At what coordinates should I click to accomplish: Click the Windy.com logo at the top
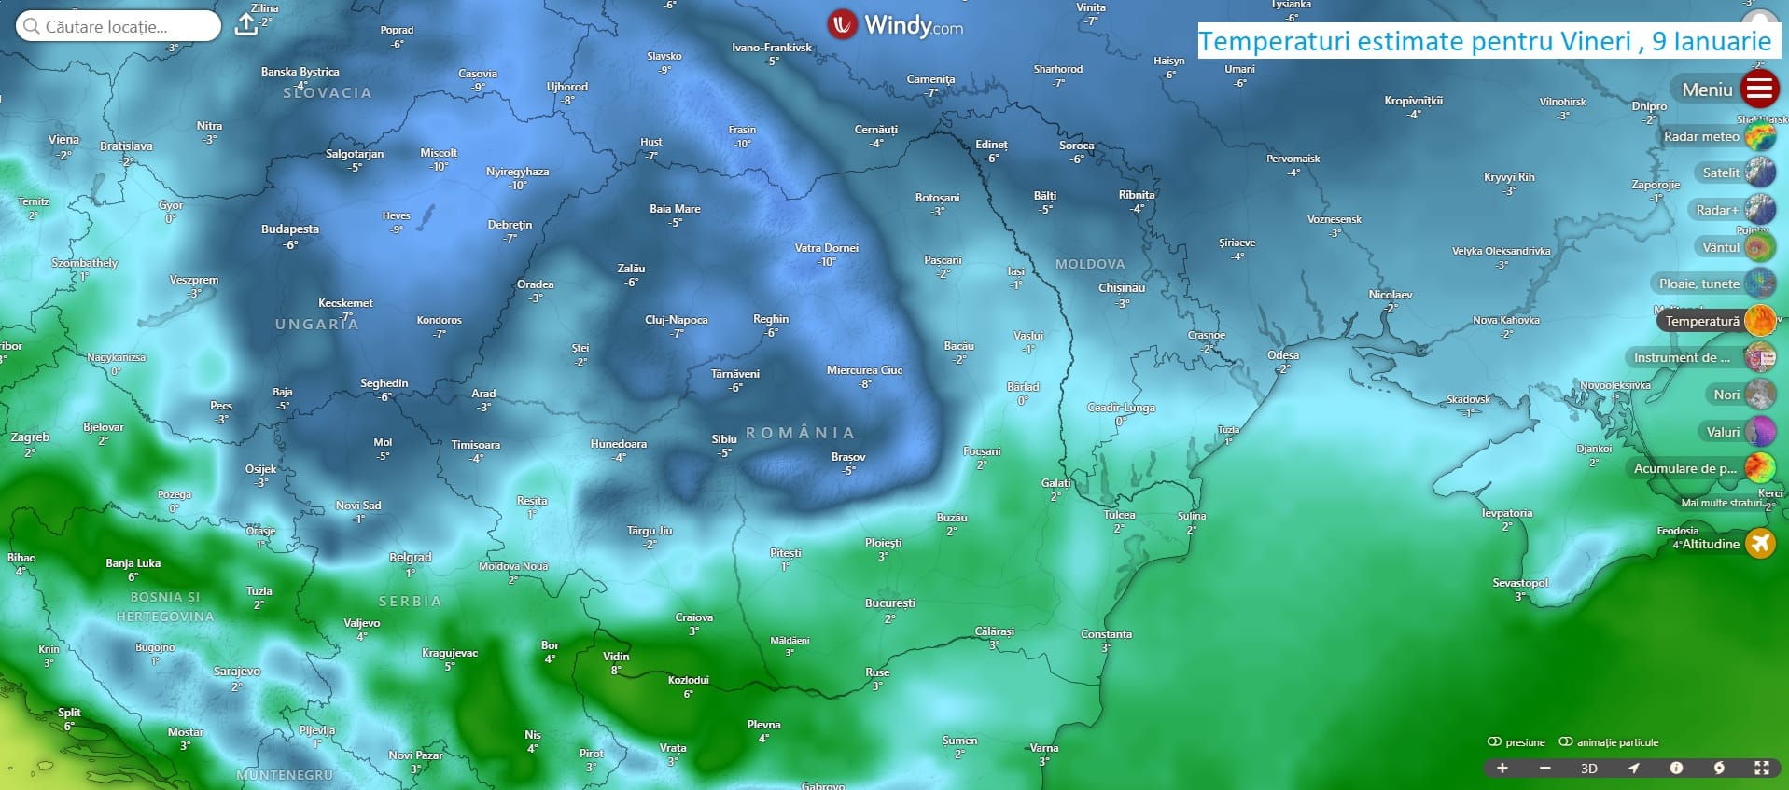(895, 25)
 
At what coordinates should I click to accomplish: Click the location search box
(119, 26)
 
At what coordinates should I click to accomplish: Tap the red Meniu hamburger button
(1759, 90)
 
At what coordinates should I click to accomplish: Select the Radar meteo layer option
(1759, 137)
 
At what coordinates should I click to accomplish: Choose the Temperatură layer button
(1759, 321)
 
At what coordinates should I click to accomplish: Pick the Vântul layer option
(1759, 247)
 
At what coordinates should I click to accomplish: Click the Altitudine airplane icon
(1760, 543)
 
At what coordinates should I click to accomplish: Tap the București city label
(889, 603)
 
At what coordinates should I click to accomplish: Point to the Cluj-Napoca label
(676, 320)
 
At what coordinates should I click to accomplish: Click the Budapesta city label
(289, 229)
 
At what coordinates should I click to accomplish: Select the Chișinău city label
(1121, 288)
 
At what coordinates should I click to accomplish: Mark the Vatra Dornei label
(826, 248)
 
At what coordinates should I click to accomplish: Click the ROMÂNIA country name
(800, 433)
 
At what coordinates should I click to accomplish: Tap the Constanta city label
(1106, 634)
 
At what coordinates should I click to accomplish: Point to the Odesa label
(1282, 355)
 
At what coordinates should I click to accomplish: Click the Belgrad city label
(410, 558)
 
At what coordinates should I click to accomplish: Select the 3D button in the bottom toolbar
(1588, 769)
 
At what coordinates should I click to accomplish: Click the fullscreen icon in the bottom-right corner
(1761, 768)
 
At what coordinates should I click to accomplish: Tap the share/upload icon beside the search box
(245, 24)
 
